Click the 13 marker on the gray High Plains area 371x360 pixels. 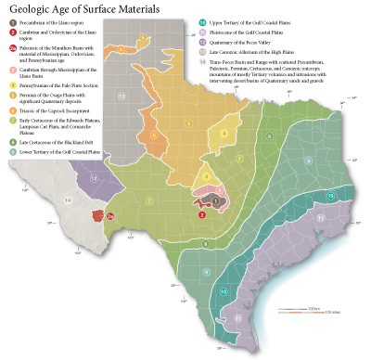point(121,95)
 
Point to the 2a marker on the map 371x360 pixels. point(110,215)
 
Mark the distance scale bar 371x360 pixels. point(318,308)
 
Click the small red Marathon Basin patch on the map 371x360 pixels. point(96,214)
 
